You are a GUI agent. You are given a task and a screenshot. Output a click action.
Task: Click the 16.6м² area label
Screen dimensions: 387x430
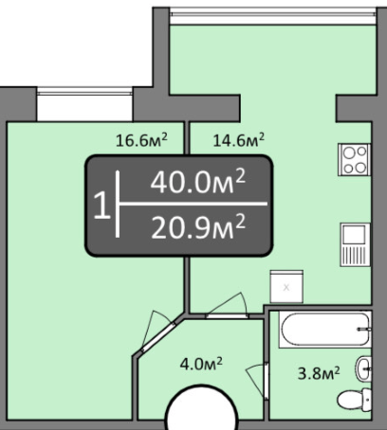(x=141, y=140)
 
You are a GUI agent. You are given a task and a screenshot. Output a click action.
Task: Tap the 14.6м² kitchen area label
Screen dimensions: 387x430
(x=239, y=140)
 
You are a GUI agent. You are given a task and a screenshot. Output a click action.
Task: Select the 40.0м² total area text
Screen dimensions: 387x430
(x=198, y=181)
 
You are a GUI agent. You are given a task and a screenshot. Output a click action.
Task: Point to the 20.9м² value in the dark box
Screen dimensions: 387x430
(x=198, y=226)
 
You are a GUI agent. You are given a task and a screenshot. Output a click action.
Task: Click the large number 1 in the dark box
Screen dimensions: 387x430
(x=101, y=206)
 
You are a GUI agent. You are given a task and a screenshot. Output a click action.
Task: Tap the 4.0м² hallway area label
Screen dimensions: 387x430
(x=201, y=364)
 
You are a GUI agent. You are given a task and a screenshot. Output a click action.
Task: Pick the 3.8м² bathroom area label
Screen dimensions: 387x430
(x=319, y=373)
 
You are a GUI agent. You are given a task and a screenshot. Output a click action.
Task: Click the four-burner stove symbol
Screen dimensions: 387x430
(x=354, y=159)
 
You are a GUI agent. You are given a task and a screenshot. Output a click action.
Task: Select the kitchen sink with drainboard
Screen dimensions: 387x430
(x=355, y=244)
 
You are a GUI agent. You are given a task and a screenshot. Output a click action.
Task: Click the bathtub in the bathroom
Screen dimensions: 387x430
(x=324, y=330)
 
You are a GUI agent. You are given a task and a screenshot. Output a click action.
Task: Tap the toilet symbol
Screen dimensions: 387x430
(x=355, y=400)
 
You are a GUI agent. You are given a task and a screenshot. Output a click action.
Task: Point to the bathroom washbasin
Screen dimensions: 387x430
(x=363, y=368)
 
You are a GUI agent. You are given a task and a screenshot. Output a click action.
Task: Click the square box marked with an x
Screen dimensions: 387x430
(x=286, y=287)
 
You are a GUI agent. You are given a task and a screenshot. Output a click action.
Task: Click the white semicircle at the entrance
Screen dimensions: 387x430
(x=202, y=407)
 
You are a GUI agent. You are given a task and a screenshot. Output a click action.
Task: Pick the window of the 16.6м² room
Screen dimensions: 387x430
(x=84, y=104)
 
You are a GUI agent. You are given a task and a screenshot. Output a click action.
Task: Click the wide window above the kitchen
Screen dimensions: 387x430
(x=273, y=16)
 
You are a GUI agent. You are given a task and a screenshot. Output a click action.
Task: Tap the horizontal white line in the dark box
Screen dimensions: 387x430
(x=193, y=204)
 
